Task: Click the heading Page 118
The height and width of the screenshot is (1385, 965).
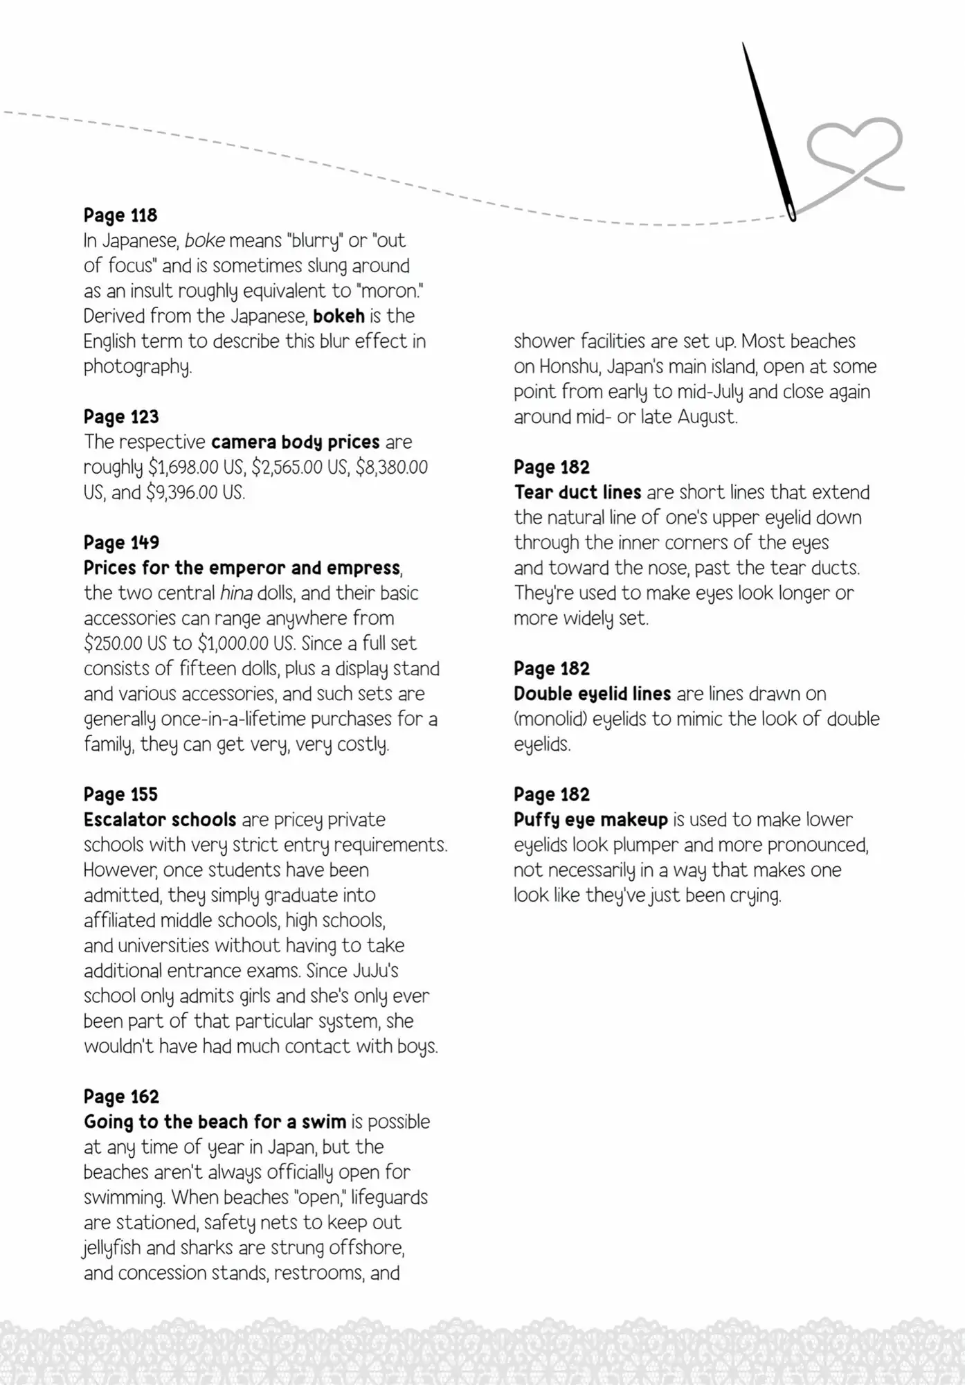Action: [120, 215]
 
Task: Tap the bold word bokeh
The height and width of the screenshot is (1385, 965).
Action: [339, 316]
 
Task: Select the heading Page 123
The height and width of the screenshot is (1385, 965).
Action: [121, 417]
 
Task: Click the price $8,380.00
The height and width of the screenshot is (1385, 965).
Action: [392, 467]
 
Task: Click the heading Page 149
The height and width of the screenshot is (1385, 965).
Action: [121, 543]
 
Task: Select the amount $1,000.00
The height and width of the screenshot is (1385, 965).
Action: [235, 644]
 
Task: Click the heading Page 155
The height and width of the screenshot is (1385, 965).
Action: [120, 794]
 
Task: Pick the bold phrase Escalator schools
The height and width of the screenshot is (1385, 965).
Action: [160, 820]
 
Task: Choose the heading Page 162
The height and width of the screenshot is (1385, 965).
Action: [121, 1097]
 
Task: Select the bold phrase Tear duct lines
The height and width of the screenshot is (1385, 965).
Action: [577, 492]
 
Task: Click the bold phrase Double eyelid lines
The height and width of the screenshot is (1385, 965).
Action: [592, 694]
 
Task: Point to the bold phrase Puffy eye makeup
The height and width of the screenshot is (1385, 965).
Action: [590, 820]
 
